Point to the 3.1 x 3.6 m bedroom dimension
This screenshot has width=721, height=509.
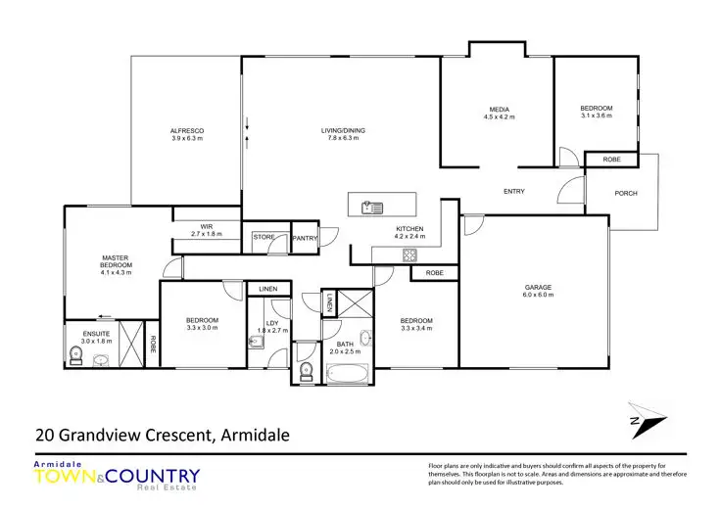[x=596, y=116]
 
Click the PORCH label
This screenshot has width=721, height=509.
[x=626, y=193]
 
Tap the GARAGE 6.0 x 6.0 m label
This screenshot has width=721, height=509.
[x=538, y=290]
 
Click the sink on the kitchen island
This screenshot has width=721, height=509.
[x=372, y=207]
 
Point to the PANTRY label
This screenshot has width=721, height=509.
[x=305, y=237]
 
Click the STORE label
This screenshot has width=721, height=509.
[x=264, y=236]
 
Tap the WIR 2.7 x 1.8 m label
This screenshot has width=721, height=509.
[x=207, y=231]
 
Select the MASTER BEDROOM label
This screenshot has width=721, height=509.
[x=116, y=264]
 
